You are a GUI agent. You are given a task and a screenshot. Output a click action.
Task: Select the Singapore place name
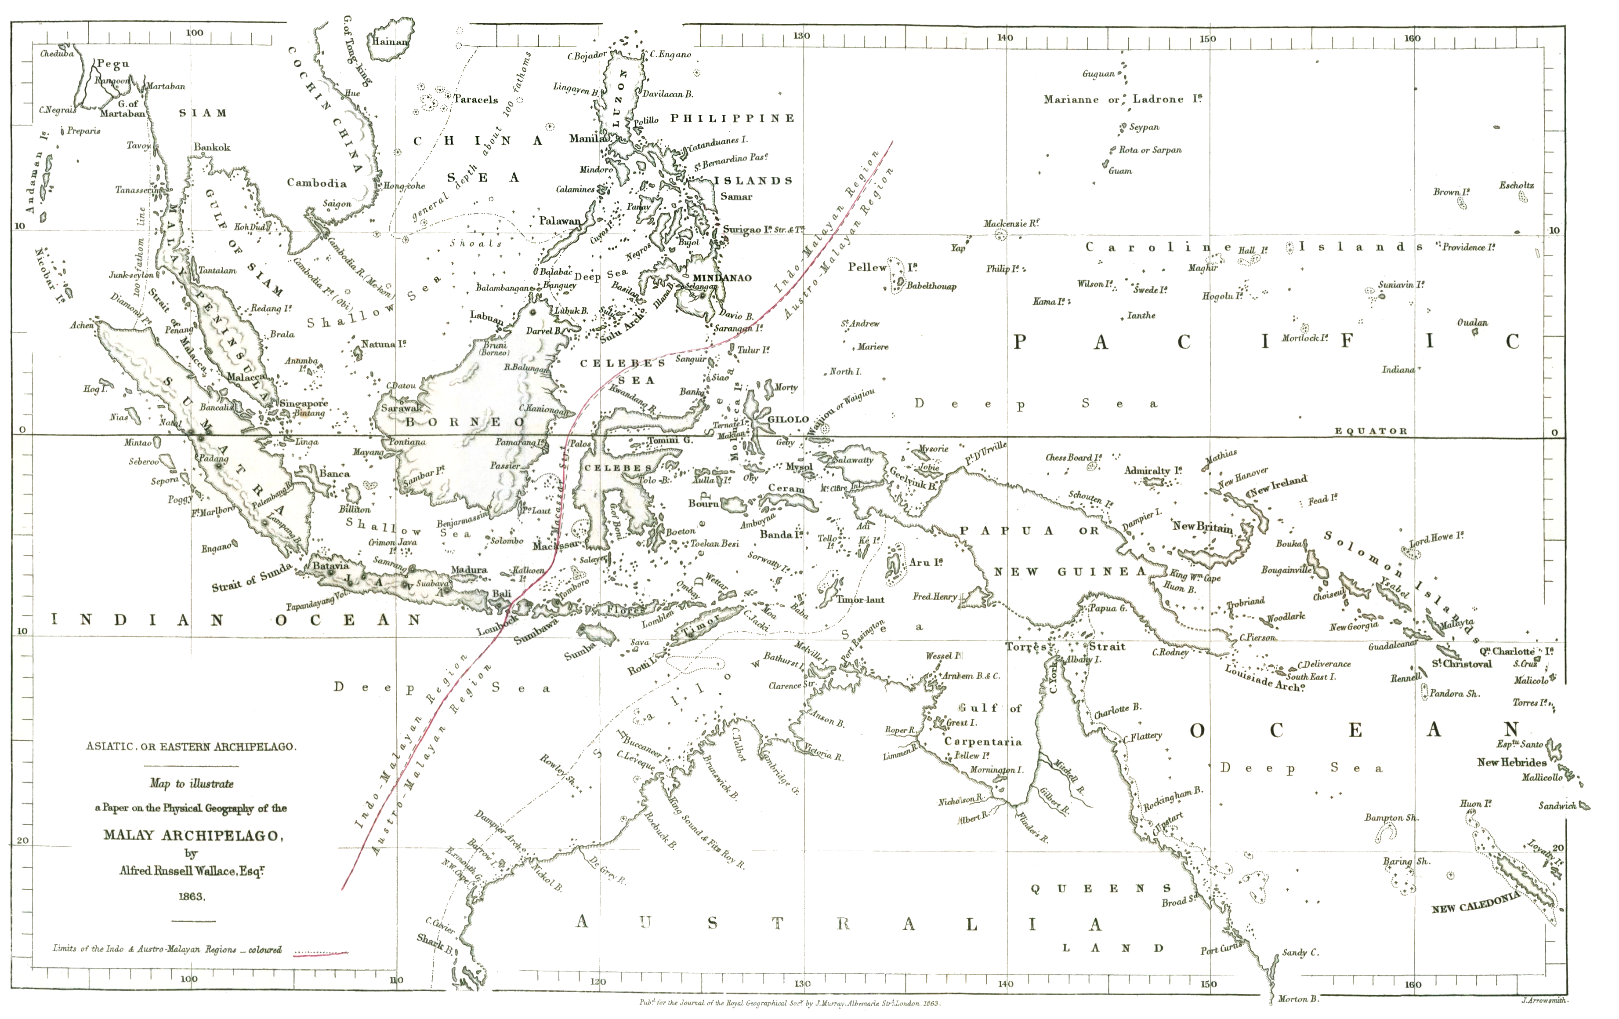(x=304, y=404)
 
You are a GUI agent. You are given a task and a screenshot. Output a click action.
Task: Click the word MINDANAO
(x=722, y=278)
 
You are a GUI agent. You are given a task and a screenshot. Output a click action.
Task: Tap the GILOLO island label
(x=788, y=419)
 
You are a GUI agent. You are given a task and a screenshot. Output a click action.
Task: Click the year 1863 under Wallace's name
(x=192, y=897)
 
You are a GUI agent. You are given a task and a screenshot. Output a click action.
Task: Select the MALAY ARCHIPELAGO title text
(x=191, y=836)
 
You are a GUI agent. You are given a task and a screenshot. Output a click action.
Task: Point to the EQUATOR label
(x=1370, y=431)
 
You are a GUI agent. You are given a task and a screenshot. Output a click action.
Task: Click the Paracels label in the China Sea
(x=475, y=99)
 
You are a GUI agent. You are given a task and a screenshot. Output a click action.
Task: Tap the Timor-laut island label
(x=860, y=599)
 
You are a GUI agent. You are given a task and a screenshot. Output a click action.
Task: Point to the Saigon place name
(x=337, y=204)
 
